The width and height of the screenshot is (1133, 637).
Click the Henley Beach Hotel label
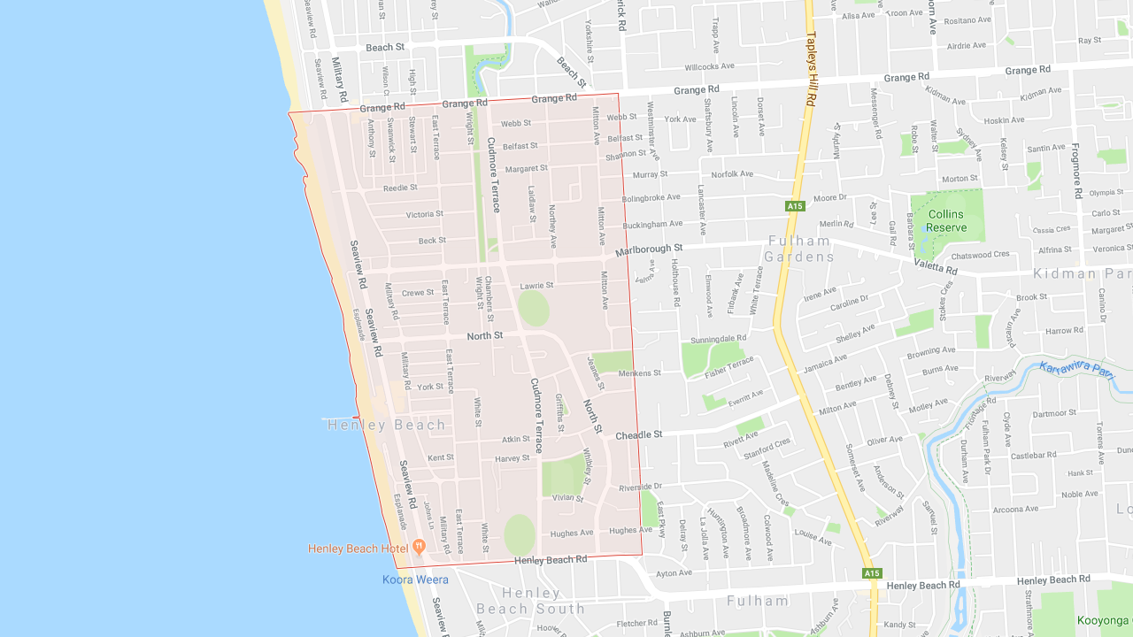358,549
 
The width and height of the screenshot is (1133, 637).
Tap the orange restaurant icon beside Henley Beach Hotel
420,547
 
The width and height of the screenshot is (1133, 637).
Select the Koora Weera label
415,579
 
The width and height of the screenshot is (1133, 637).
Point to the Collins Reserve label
946,221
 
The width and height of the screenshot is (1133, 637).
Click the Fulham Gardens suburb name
800,249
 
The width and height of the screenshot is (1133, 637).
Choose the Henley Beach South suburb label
530,601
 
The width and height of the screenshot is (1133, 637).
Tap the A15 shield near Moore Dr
795,206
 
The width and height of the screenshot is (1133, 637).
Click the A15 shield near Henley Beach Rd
872,573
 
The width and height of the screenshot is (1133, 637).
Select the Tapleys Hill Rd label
809,70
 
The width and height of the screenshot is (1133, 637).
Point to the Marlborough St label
650,249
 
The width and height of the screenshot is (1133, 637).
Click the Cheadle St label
638,435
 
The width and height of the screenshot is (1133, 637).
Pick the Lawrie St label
536,286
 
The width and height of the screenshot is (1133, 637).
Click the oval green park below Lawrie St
534,308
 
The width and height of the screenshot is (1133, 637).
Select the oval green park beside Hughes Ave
520,534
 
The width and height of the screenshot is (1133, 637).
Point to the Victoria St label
425,214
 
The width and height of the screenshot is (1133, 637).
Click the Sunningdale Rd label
718,338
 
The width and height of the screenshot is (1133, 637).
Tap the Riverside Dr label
640,487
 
